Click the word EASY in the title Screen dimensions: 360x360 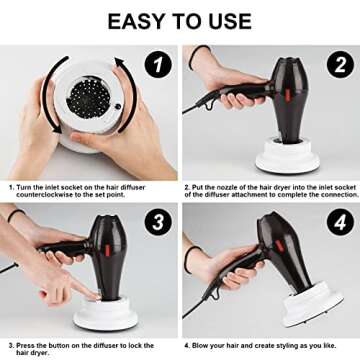coord(138,21)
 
